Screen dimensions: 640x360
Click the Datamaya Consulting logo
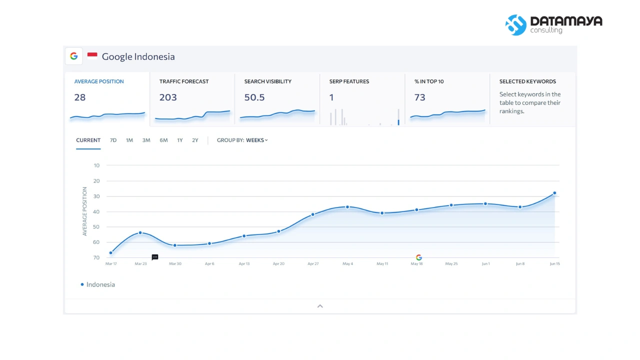pyautogui.click(x=553, y=25)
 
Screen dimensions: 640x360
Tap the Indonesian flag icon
pyautogui.click(x=92, y=55)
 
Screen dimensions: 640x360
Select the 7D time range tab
pyautogui.click(x=113, y=140)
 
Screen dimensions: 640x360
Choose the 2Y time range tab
pyautogui.click(x=195, y=140)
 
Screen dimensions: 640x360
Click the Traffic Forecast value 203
pyautogui.click(x=168, y=97)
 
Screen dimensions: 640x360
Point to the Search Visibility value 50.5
pyautogui.click(x=254, y=97)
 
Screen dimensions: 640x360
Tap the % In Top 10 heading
pyautogui.click(x=429, y=81)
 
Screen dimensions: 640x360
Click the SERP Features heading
pyautogui.click(x=349, y=81)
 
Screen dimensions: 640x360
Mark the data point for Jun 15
pyautogui.click(x=554, y=193)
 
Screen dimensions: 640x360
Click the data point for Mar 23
pyautogui.click(x=140, y=233)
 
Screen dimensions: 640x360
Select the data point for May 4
pyautogui.click(x=347, y=207)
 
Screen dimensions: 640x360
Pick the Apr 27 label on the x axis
pyautogui.click(x=313, y=263)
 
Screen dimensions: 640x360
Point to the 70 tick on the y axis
pyautogui.click(x=96, y=257)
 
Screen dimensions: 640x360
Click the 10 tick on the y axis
pyautogui.click(x=96, y=165)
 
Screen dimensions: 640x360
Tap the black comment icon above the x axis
pyautogui.click(x=155, y=257)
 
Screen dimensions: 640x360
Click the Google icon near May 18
pyautogui.click(x=419, y=257)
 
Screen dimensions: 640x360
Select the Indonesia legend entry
pyautogui.click(x=97, y=284)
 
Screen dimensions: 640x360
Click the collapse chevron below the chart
pyautogui.click(x=320, y=306)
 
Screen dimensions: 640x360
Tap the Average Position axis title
pyautogui.click(x=84, y=211)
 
